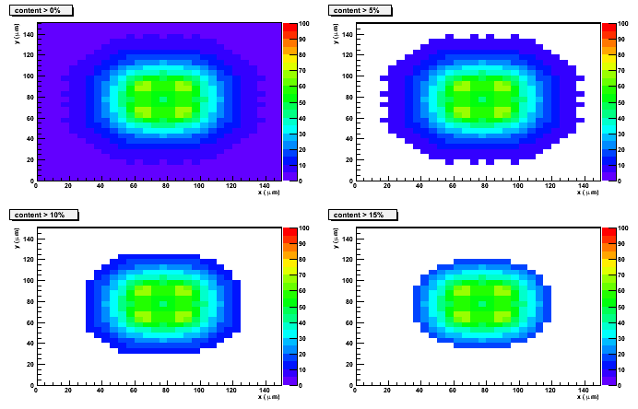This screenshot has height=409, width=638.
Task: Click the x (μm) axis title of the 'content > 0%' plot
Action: point(270,193)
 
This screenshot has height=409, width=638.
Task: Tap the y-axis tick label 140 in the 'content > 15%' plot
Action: point(350,239)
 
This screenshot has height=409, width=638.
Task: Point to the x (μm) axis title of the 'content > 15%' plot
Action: point(589,397)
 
